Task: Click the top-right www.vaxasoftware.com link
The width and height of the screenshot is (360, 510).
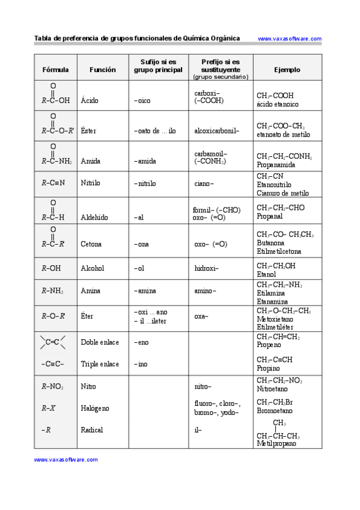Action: pyautogui.click(x=290, y=38)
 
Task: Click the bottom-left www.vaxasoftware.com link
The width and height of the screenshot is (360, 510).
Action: pyautogui.click(x=66, y=459)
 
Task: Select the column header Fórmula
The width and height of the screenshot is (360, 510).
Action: pyautogui.click(x=56, y=70)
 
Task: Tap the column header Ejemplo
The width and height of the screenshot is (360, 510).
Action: pyautogui.click(x=287, y=70)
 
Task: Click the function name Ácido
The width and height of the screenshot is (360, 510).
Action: pyautogui.click(x=90, y=100)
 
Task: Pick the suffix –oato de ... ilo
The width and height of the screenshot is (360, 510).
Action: pyautogui.click(x=155, y=131)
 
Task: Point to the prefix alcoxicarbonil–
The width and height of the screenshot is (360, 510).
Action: pyautogui.click(x=217, y=131)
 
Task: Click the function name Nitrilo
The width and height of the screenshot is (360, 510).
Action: pyautogui.click(x=91, y=183)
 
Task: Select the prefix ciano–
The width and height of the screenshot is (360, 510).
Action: pyautogui.click(x=204, y=183)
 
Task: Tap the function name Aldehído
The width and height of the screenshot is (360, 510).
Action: pyautogui.click(x=94, y=217)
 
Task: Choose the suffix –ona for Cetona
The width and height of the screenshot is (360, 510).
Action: pyautogui.click(x=143, y=244)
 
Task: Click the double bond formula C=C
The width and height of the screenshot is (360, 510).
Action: pyautogui.click(x=53, y=342)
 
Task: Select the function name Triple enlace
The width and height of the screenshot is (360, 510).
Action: pyautogui.click(x=100, y=364)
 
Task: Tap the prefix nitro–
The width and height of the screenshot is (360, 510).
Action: pyautogui.click(x=203, y=386)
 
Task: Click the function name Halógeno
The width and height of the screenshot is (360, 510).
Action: pyautogui.click(x=95, y=408)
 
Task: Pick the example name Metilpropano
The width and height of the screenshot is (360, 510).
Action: pyautogui.click(x=276, y=444)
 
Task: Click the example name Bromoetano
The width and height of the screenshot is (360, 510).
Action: pyautogui.click(x=275, y=411)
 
